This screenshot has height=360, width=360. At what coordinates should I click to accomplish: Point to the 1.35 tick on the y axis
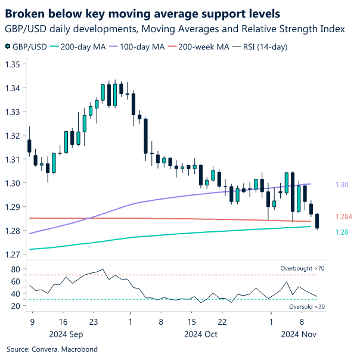tap(13, 64)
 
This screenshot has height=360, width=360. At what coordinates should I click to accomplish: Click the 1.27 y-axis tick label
tap(13, 255)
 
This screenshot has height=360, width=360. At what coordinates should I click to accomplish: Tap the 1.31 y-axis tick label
tap(13, 159)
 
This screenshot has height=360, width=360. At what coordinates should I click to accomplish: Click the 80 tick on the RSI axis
tap(17, 269)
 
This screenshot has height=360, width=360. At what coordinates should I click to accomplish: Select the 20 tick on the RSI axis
tap(17, 306)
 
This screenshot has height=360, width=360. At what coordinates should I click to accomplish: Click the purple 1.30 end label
tap(342, 185)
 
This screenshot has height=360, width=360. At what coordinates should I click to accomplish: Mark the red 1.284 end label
tap(344, 216)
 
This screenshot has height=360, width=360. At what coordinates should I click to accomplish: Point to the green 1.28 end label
tap(342, 232)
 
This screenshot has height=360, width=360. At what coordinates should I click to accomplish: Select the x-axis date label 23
tap(93, 322)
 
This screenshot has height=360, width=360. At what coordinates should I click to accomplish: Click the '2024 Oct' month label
tap(201, 334)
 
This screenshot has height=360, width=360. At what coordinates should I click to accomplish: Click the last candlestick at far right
tap(317, 221)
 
